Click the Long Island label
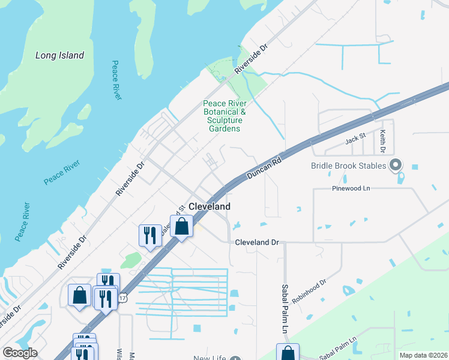(59, 55)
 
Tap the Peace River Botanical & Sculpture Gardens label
(224, 116)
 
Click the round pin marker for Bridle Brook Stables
(395, 164)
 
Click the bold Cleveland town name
(209, 206)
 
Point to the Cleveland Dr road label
(257, 242)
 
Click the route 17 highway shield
(123, 298)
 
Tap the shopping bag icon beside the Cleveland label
(182, 227)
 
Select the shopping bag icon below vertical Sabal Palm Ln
(288, 353)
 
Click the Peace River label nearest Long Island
(116, 79)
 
